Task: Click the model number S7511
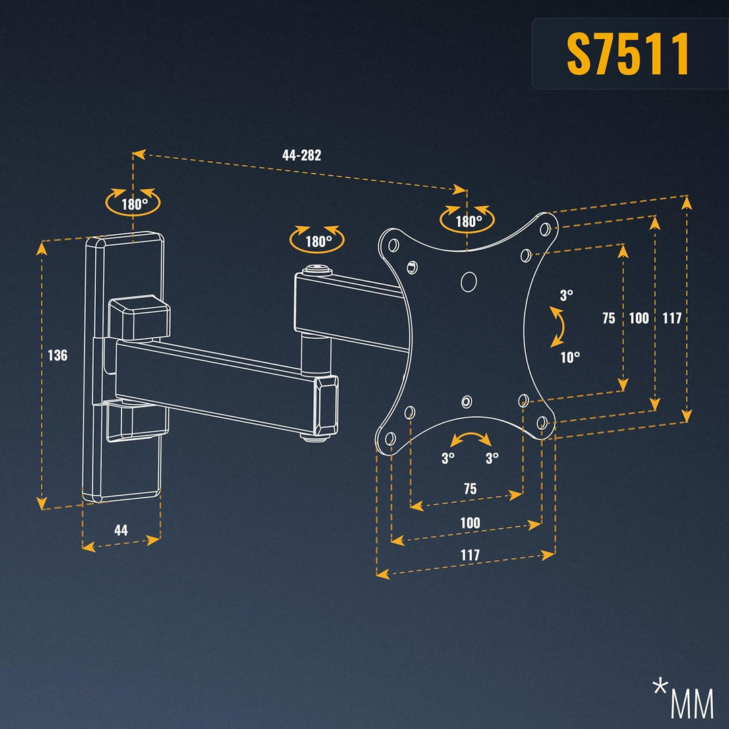(x=628, y=54)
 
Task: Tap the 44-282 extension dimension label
(x=302, y=155)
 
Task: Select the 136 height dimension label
(x=58, y=355)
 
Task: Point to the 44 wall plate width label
(x=121, y=530)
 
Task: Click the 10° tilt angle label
(x=570, y=358)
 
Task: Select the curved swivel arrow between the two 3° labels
(x=470, y=439)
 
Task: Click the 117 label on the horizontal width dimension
(x=470, y=555)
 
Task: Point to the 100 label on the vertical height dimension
(x=639, y=319)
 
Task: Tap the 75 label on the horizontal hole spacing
(x=470, y=489)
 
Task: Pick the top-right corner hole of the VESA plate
(x=545, y=228)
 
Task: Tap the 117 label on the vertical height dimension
(x=672, y=319)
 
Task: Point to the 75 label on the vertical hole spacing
(x=609, y=319)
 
